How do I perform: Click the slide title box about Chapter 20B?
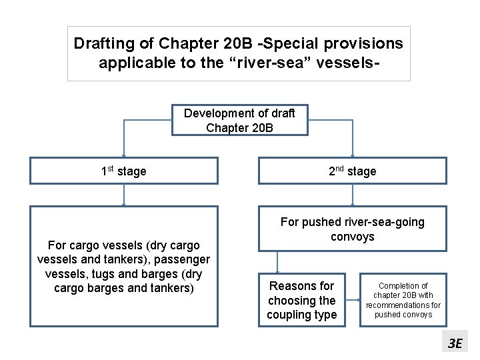click(x=239, y=53)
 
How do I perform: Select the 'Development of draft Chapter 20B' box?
click(x=239, y=120)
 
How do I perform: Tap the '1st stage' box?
click(x=124, y=171)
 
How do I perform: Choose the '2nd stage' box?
click(x=352, y=171)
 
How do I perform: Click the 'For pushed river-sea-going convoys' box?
click(x=352, y=229)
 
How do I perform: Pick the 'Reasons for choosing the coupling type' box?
click(x=302, y=300)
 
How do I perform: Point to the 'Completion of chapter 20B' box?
click(x=403, y=300)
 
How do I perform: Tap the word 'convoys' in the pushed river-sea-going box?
click(x=352, y=237)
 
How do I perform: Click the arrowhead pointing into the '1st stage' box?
click(x=123, y=154)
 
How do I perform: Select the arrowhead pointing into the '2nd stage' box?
click(x=352, y=154)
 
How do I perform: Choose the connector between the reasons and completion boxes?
click(x=353, y=300)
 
